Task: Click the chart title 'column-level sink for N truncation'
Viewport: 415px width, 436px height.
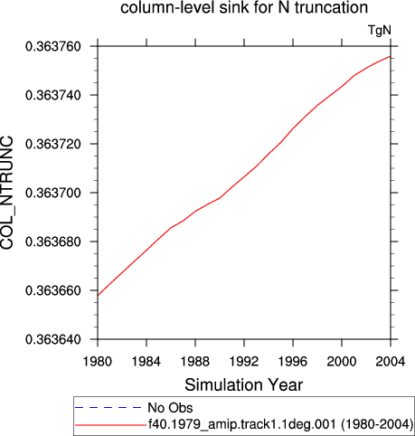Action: coord(244,7)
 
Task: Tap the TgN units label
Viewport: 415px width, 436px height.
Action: coord(380,31)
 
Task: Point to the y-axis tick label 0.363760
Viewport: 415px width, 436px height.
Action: coord(53,47)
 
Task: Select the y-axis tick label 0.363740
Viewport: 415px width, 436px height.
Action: coord(53,95)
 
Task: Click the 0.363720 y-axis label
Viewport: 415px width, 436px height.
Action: coord(53,144)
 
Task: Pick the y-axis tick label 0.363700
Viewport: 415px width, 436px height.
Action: coord(53,193)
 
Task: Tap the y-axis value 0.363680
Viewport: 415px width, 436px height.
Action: coord(53,242)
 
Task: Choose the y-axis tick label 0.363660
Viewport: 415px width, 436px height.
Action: coord(53,290)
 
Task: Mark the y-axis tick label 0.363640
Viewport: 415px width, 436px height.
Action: coord(53,339)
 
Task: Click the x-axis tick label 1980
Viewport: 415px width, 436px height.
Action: coord(98,361)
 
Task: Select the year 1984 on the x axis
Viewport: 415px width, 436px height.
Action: coord(146,361)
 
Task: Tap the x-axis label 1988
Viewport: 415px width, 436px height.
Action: coord(195,361)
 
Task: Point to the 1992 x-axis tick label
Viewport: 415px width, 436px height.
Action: coord(244,361)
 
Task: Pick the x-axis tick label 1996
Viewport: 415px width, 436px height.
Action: coord(293,361)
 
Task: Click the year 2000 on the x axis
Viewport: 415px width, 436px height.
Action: coord(342,361)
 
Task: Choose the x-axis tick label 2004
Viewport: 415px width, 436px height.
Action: coord(391,361)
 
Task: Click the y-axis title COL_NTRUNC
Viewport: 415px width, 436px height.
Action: coord(7,193)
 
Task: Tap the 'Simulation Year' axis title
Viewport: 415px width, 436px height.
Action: coord(243,385)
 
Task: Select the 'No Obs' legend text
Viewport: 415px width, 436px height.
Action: coord(170,408)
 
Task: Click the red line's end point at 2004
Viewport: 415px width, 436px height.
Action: coord(391,56)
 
